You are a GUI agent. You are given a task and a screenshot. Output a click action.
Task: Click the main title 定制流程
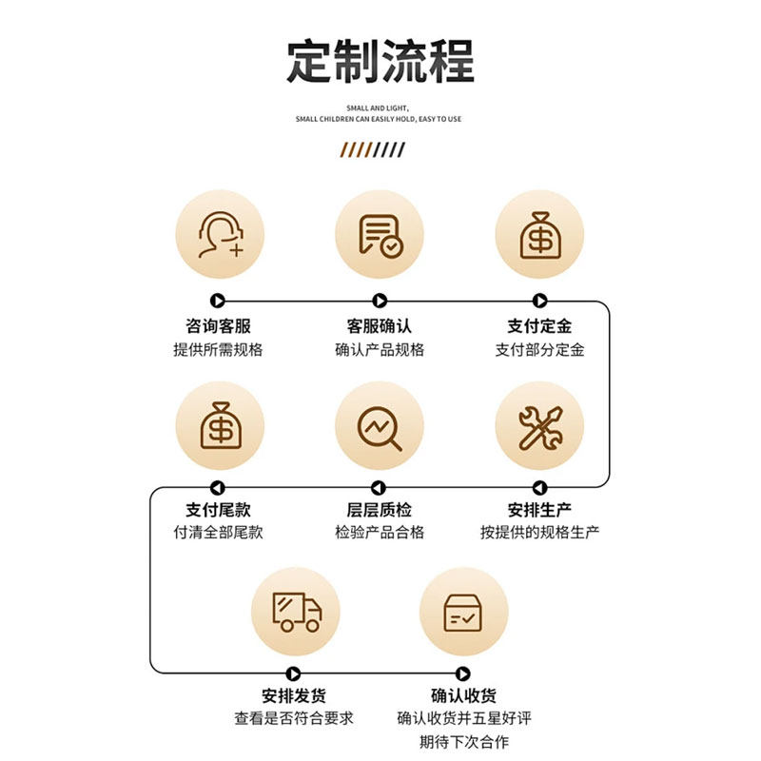click(380, 62)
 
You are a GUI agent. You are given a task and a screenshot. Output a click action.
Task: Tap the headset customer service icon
click(220, 235)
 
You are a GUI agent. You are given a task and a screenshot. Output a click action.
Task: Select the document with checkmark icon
click(380, 235)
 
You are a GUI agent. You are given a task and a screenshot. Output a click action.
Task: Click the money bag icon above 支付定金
click(539, 235)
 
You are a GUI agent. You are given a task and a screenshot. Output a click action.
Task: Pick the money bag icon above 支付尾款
click(220, 425)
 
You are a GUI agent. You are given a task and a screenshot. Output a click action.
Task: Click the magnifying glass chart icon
click(380, 427)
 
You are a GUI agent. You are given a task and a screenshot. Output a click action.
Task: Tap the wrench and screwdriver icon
click(539, 427)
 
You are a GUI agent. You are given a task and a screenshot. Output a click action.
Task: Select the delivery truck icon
click(296, 611)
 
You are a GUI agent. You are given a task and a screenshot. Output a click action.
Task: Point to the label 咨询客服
click(218, 326)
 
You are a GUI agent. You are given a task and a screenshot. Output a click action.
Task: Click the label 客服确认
click(380, 326)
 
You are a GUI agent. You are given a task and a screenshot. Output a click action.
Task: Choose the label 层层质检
click(380, 510)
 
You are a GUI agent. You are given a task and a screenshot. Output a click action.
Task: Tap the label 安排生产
click(539, 510)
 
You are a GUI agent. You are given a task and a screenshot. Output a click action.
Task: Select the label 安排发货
click(294, 695)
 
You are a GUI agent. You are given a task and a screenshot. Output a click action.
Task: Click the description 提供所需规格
click(218, 349)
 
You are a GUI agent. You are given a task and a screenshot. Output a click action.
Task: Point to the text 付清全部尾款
click(218, 532)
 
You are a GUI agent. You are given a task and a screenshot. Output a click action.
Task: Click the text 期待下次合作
click(464, 741)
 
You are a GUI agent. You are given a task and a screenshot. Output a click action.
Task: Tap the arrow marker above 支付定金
click(539, 301)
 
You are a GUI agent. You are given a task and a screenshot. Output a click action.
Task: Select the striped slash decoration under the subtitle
click(373, 148)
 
